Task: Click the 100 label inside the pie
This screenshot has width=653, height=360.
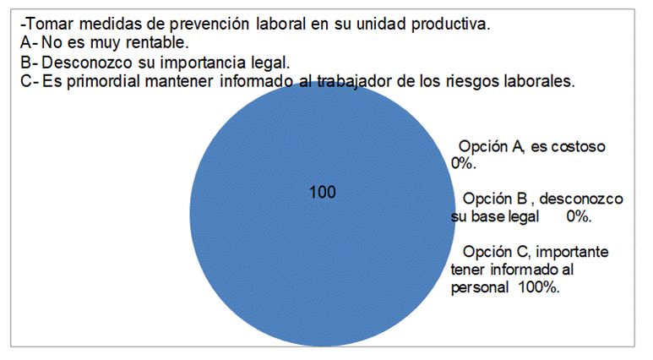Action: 323,192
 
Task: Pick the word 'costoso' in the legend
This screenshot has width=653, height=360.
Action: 578,147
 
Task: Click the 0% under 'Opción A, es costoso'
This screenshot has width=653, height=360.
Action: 463,164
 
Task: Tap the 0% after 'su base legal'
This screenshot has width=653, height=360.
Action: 579,216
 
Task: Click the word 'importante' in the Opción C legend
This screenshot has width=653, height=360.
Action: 572,252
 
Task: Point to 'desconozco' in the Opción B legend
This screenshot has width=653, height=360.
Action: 581,199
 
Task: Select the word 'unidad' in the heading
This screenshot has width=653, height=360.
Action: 381,25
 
